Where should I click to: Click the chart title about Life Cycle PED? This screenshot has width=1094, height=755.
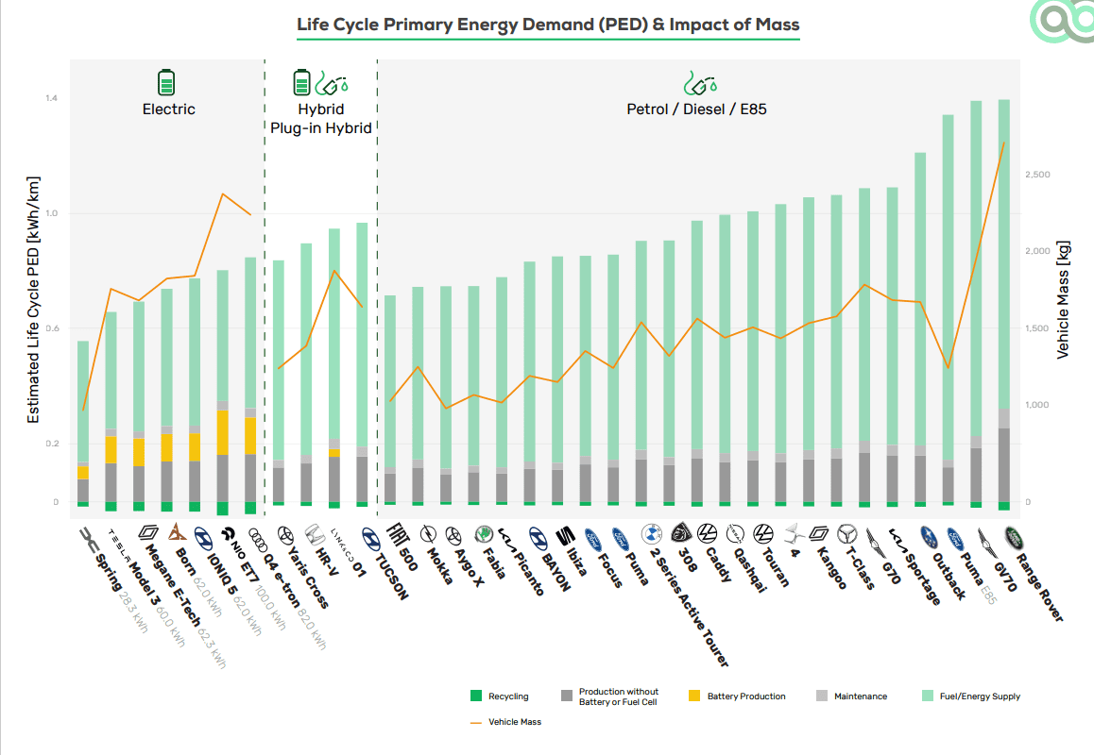click(x=548, y=25)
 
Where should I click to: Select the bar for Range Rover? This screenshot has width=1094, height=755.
click(x=1003, y=302)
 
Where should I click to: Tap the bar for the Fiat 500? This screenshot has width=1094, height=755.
click(x=390, y=396)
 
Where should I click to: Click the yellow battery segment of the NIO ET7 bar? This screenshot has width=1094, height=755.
click(x=223, y=432)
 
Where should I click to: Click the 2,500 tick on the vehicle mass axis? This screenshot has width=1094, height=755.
click(x=1038, y=175)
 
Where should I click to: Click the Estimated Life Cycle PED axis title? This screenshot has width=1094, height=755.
click(x=34, y=299)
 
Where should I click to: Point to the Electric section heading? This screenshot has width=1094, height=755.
click(x=168, y=109)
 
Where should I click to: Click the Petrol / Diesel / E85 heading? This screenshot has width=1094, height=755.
click(x=696, y=109)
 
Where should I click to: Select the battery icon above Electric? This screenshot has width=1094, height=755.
click(x=166, y=82)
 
